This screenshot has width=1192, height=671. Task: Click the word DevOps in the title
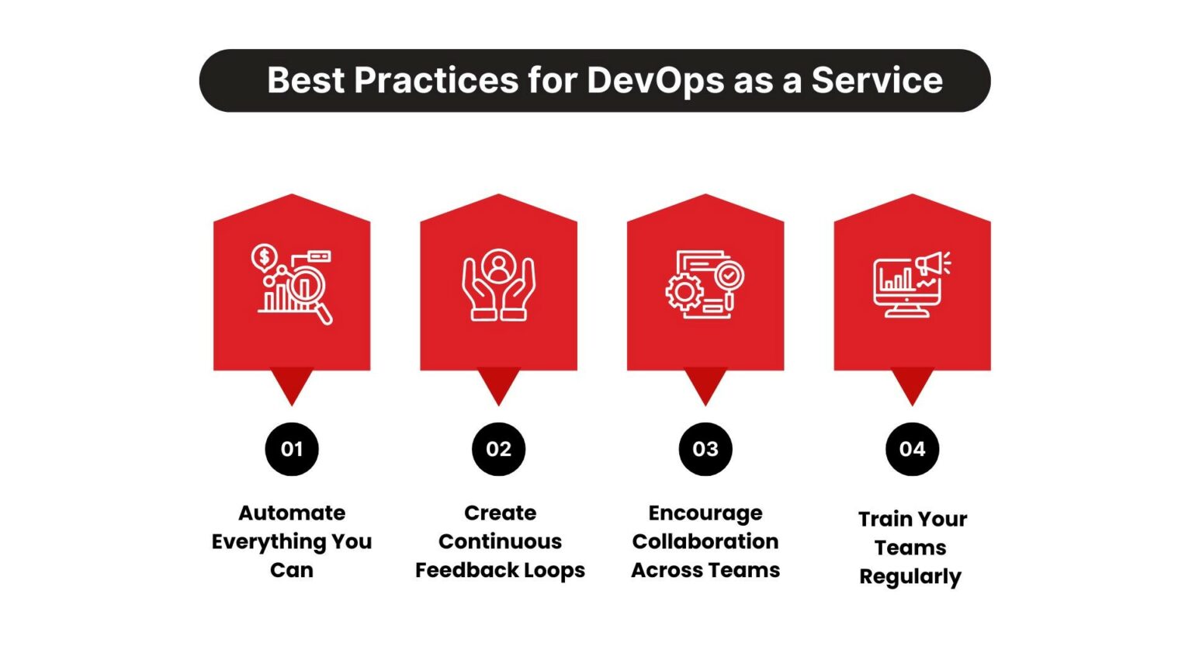(655, 81)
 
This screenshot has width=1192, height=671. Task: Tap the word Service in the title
(877, 81)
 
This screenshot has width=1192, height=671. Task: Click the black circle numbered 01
(292, 449)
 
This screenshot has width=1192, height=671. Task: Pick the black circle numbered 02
(498, 449)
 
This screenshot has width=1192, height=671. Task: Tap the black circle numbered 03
(705, 449)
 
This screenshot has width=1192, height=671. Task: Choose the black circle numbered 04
(912, 449)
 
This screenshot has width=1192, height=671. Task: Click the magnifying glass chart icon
(293, 284)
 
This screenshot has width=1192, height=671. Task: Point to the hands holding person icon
(498, 284)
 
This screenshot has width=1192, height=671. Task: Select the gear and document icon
(705, 284)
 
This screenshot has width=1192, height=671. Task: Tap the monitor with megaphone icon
(911, 284)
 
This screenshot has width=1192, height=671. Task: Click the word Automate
(292, 513)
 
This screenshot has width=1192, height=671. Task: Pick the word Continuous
(500, 541)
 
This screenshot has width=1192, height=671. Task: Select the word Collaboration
(705, 541)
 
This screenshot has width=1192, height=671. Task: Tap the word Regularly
(910, 577)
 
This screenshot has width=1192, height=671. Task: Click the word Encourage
(705, 513)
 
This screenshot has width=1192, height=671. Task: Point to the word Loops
(554, 570)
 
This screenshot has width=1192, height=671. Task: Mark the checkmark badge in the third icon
(729, 275)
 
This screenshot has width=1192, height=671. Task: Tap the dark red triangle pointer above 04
(912, 384)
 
